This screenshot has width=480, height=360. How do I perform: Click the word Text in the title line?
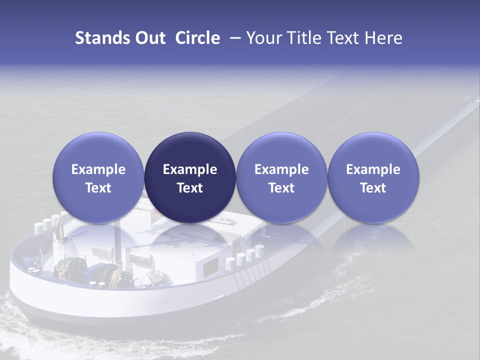pyautogui.click(x=342, y=38)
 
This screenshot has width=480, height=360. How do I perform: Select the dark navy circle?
pyautogui.click(x=190, y=177)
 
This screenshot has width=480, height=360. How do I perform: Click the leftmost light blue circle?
pyautogui.click(x=98, y=177)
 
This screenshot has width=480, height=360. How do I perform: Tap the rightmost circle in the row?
pyautogui.click(x=373, y=177)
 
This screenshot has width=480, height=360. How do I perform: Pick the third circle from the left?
pyautogui.click(x=281, y=177)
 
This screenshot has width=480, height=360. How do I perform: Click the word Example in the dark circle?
pyautogui.click(x=190, y=169)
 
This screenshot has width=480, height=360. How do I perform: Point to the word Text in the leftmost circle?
pyautogui.click(x=98, y=188)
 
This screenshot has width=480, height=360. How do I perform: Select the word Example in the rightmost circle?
pyautogui.click(x=373, y=169)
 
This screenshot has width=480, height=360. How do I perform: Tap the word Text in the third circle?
pyautogui.click(x=281, y=188)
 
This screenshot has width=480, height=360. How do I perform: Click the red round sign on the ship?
pyautogui.click(x=155, y=216)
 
